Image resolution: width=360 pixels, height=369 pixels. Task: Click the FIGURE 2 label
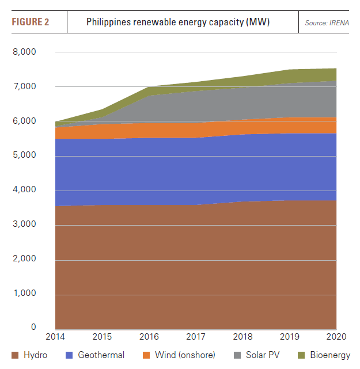pos(31,22)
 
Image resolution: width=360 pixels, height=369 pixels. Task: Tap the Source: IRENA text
pos(327,23)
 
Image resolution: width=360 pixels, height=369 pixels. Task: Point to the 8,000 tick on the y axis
pos(25,52)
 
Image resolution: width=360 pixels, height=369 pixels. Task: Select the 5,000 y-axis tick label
pos(25,155)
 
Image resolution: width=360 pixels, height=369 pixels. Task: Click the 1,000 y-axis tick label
pos(25,294)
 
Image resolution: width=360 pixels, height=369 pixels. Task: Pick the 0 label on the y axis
pos(34,328)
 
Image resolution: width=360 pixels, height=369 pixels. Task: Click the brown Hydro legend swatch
pos(14,355)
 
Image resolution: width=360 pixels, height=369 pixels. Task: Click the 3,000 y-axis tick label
pos(25,225)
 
